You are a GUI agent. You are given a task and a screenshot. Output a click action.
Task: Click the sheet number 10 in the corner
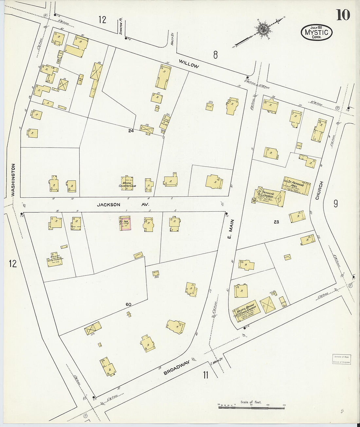click(x=343, y=15)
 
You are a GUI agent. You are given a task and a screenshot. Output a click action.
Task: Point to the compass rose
click(x=262, y=29)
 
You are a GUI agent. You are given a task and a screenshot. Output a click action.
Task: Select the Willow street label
click(x=189, y=64)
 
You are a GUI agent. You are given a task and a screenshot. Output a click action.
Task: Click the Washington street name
click(x=13, y=180)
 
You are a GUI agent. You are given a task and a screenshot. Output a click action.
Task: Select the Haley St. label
click(x=171, y=42)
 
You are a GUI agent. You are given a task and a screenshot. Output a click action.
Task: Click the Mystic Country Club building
click(x=127, y=184)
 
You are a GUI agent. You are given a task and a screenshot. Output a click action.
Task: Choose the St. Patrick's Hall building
click(x=296, y=186)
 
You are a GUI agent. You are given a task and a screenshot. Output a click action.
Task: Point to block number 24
click(x=131, y=131)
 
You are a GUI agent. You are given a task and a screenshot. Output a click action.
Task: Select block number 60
click(x=129, y=305)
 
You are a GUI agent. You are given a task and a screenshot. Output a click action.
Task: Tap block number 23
click(x=276, y=222)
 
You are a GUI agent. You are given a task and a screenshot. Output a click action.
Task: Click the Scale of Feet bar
click(x=251, y=408)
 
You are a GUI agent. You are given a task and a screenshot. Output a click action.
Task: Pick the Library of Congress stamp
click(x=342, y=359)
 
